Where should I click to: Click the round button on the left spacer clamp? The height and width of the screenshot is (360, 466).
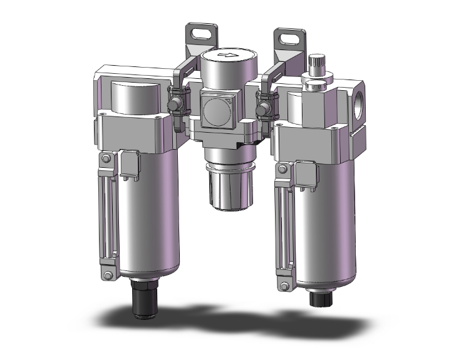click(176, 100)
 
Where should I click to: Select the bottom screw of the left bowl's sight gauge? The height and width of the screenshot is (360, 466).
click(108, 273)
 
